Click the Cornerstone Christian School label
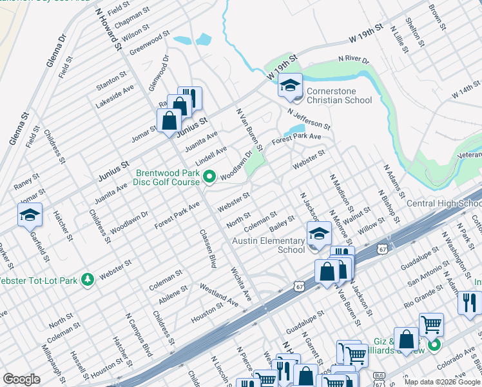pos(339,95)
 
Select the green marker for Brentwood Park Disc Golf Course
pos(209,176)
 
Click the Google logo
pos(21,379)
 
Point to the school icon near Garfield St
pos(30,215)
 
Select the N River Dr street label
pos(354,61)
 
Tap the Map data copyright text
pos(442,382)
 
